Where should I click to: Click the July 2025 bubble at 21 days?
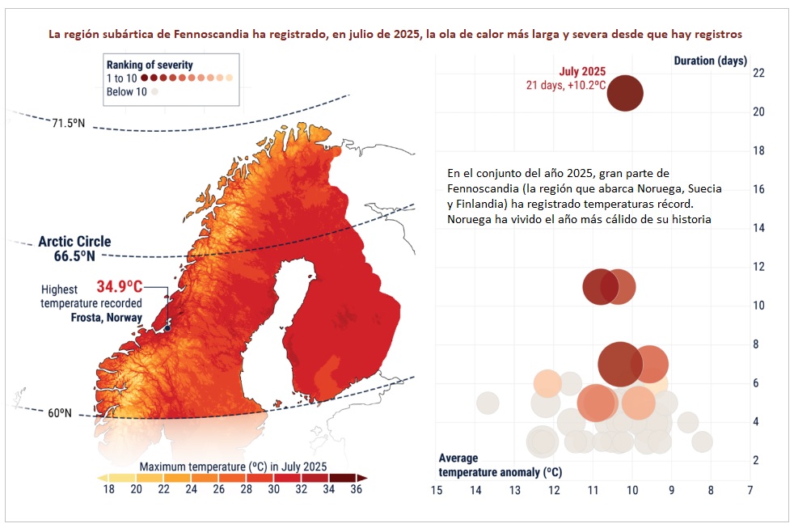(x=625, y=93)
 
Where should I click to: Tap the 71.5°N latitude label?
(x=69, y=123)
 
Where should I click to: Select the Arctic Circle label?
(x=74, y=248)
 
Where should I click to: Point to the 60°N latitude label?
(x=60, y=413)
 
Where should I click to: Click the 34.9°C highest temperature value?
(x=120, y=286)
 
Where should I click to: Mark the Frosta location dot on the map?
(x=167, y=328)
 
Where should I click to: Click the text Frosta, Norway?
(x=107, y=318)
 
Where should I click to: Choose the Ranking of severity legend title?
(x=150, y=65)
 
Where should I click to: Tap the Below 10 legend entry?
(x=127, y=91)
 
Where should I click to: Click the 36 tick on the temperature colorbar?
(x=356, y=489)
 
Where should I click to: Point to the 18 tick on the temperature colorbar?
(x=109, y=489)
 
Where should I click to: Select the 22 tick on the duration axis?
(x=758, y=73)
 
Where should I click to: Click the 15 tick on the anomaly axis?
(x=436, y=490)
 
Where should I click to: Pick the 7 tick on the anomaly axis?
(x=750, y=490)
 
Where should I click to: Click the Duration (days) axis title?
(x=711, y=61)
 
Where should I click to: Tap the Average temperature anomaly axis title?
(x=500, y=465)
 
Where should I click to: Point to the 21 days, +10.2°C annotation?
(x=566, y=85)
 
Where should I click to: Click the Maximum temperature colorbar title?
(x=234, y=467)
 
